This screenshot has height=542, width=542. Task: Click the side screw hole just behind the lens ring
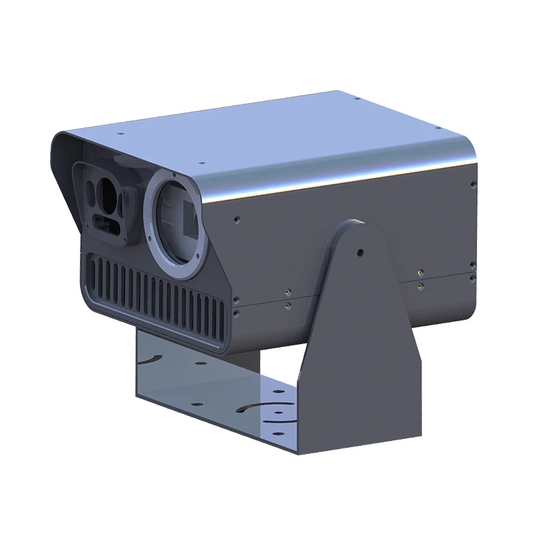[x=236, y=219]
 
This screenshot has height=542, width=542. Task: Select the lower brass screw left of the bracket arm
[x=289, y=307]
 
